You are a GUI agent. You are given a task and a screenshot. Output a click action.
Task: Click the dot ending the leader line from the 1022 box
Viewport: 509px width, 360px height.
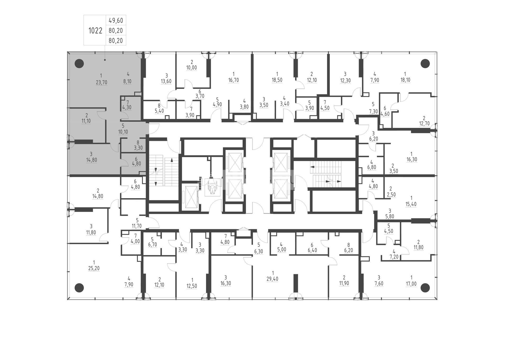(105, 60)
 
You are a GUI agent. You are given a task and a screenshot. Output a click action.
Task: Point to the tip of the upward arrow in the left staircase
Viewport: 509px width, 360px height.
(172, 158)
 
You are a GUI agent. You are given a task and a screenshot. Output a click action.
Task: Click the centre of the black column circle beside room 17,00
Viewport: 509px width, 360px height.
(425, 287)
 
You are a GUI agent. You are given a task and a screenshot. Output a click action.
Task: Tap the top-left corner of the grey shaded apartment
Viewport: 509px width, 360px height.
(67, 52)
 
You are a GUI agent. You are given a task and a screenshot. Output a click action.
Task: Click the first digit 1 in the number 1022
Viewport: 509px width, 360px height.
(90, 31)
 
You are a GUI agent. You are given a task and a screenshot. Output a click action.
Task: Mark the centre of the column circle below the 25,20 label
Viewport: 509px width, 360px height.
(79, 287)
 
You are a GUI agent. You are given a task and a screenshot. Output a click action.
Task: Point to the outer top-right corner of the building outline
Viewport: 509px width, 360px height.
(437, 52)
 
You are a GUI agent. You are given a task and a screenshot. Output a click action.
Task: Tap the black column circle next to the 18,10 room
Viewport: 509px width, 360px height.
(425, 63)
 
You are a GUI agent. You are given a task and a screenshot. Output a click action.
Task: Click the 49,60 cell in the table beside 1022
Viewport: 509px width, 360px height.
(116, 20)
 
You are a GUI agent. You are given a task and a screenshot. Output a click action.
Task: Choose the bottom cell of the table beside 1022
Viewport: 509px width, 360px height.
(116, 40)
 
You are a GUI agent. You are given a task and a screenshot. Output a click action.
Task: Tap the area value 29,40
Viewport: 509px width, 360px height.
(273, 279)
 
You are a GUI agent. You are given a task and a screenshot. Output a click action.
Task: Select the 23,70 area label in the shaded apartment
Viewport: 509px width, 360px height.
(102, 83)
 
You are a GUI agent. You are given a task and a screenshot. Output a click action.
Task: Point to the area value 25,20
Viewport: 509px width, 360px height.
(94, 268)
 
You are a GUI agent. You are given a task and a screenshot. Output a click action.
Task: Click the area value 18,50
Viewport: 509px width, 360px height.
(277, 80)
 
